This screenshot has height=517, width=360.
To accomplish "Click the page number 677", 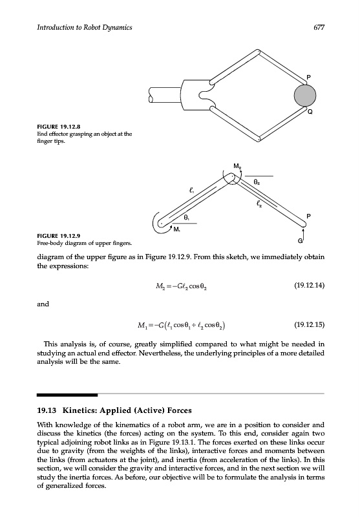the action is click(319, 27).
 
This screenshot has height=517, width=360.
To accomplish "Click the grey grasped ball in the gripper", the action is click(305, 95).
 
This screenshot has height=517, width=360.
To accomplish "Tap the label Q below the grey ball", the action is click(310, 112).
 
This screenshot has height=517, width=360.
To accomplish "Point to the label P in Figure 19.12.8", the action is click(308, 77).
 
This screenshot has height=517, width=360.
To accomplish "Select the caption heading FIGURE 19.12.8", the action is click(59, 127).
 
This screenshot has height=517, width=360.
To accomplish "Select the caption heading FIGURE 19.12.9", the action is click(59, 236).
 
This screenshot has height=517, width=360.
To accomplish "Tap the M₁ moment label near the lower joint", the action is click(176, 229).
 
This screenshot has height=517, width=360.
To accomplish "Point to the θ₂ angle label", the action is click(257, 182).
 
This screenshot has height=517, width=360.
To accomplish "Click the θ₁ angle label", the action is click(186, 218).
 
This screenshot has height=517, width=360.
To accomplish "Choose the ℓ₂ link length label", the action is click(259, 205).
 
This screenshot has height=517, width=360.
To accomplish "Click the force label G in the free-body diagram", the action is click(300, 241).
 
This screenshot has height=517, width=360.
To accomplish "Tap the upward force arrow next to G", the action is click(303, 236).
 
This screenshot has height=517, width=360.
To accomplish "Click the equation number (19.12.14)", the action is click(309, 285).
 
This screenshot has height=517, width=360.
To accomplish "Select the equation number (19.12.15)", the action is click(309, 325).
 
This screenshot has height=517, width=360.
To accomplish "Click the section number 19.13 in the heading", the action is click(47, 410).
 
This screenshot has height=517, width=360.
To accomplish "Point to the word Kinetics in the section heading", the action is click(79, 410).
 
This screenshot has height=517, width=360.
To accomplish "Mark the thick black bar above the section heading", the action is click(67, 395).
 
